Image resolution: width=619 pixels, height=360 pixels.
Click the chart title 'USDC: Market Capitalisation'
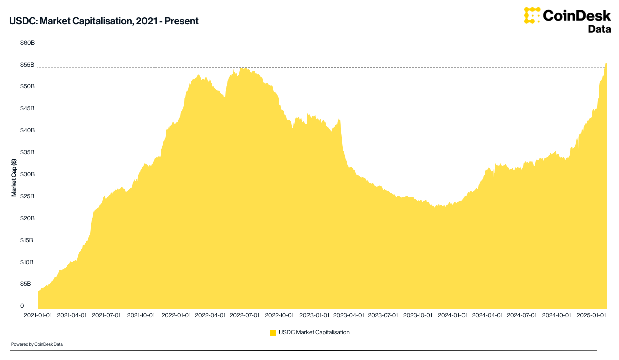(x=104, y=21)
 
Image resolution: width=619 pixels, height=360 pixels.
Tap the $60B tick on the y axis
(x=27, y=43)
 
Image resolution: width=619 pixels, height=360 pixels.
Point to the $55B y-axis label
(x=27, y=65)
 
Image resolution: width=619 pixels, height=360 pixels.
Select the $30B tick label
(x=27, y=174)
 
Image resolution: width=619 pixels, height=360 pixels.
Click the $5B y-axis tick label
(x=25, y=284)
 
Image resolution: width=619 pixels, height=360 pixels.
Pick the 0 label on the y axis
(x=22, y=305)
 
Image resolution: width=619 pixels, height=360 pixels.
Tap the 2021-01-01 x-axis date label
(x=37, y=316)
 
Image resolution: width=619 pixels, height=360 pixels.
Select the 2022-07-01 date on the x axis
(x=245, y=316)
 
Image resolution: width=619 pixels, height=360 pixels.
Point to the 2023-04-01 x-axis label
(x=349, y=316)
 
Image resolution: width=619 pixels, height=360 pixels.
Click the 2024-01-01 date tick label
(x=452, y=316)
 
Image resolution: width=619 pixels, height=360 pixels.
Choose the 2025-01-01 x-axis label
(x=591, y=316)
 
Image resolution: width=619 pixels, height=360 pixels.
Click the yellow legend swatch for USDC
(x=273, y=332)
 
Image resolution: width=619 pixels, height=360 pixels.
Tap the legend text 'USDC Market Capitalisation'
(x=314, y=332)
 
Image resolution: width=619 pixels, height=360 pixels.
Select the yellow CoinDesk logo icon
(x=532, y=16)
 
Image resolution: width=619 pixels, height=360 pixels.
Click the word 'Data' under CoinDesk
(x=599, y=29)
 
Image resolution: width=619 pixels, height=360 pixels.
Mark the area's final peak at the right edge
(x=606, y=64)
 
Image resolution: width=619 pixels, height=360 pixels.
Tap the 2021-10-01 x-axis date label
(x=141, y=316)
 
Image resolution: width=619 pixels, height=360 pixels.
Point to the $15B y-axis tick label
(x=27, y=240)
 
